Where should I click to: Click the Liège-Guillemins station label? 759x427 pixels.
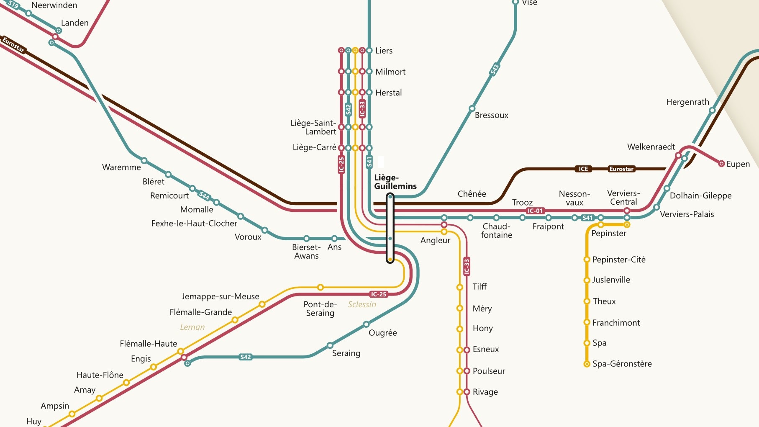coord(395,182)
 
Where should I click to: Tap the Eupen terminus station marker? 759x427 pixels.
coord(721,164)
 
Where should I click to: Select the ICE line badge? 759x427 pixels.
coord(583,169)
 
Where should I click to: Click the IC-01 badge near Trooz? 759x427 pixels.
coord(535,211)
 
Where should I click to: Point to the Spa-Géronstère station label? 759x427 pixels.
coord(622,364)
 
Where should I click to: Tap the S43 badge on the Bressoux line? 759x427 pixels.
coord(495,69)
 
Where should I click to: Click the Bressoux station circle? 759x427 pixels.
coord(472,108)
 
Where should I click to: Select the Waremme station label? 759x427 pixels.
coord(121,167)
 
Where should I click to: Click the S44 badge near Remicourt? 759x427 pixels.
coord(204,195)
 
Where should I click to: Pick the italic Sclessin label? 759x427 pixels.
coord(362,304)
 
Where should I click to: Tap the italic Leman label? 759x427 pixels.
coord(192,327)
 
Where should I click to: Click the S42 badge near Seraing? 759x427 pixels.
coord(246,357)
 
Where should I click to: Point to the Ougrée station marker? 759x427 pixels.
coord(366,324)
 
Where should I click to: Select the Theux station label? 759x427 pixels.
coord(604,301)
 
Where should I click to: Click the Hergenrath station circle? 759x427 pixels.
coord(712,111)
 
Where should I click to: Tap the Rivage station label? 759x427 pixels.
coord(485,392)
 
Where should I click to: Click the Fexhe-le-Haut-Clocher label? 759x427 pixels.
coord(194,223)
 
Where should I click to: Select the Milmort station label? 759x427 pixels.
coord(390,72)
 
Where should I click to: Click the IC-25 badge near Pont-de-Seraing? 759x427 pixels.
coord(379,294)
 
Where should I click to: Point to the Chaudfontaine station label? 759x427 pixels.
coord(496,231)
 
